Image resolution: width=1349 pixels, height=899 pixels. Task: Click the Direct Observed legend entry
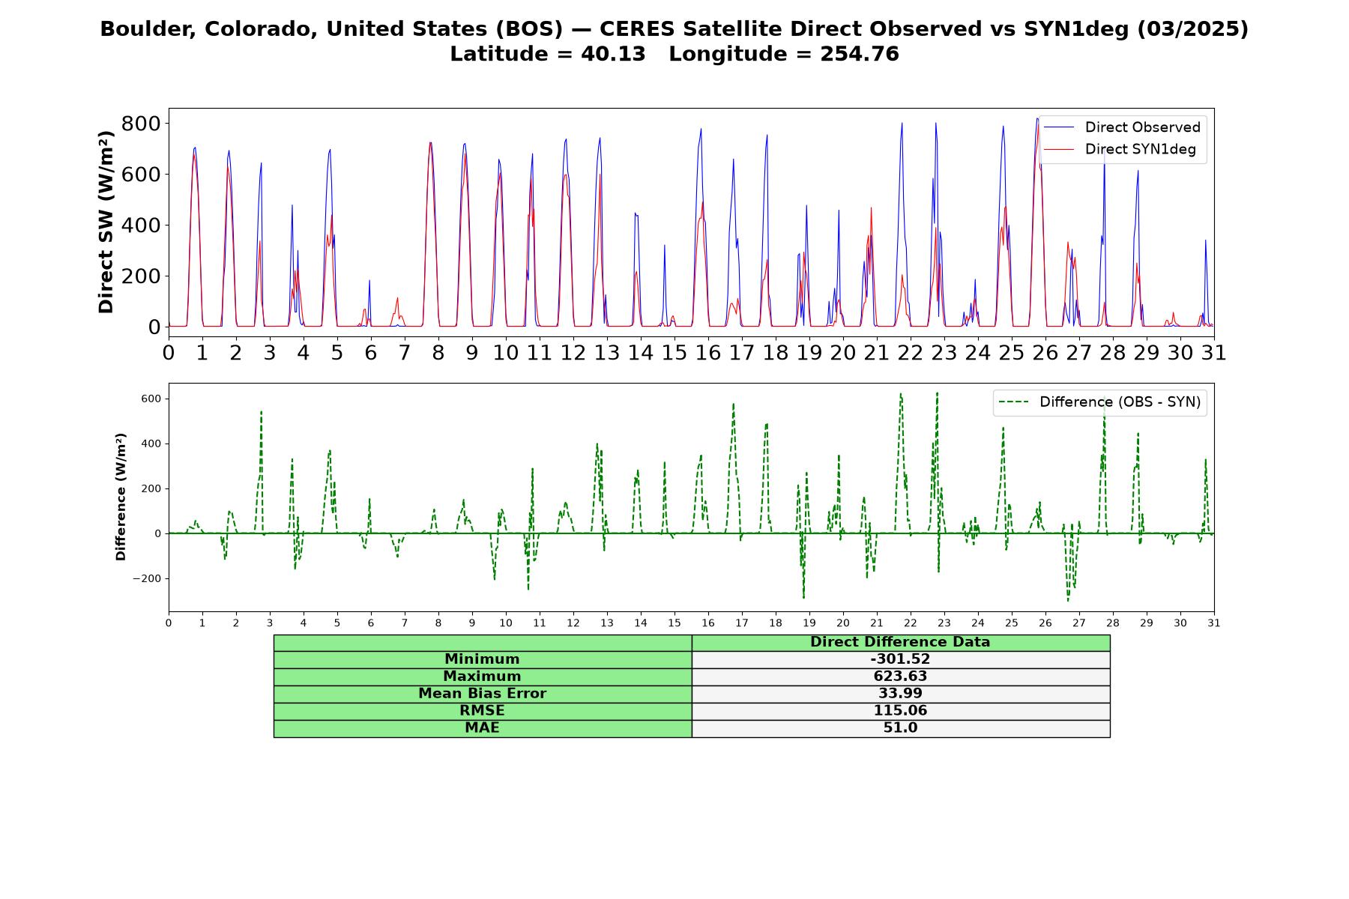pyautogui.click(x=1122, y=127)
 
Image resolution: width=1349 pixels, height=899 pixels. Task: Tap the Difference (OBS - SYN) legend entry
pyautogui.click(x=1099, y=402)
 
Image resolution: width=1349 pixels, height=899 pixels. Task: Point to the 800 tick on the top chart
pyautogui.click(x=142, y=124)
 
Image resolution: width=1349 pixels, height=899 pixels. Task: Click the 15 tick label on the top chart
pyautogui.click(x=674, y=352)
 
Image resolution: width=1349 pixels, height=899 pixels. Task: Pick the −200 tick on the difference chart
pyautogui.click(x=148, y=579)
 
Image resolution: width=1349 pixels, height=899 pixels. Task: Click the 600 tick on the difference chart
pyautogui.click(x=151, y=399)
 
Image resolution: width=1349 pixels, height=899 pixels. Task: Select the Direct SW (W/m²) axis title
pyautogui.click(x=106, y=222)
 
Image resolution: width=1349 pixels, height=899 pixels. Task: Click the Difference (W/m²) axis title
pyautogui.click(x=121, y=497)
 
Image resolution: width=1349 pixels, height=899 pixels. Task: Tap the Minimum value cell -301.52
pyautogui.click(x=900, y=659)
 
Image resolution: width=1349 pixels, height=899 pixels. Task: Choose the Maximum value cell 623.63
pyautogui.click(x=900, y=676)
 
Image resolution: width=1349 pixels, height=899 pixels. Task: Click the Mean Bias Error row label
pyautogui.click(x=482, y=694)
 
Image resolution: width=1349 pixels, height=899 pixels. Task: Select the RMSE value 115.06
pyautogui.click(x=900, y=711)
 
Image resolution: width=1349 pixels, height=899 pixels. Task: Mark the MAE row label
pyautogui.click(x=482, y=728)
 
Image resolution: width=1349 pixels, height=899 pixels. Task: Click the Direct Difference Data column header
pyautogui.click(x=900, y=642)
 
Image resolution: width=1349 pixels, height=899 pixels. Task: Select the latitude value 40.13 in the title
pyautogui.click(x=613, y=54)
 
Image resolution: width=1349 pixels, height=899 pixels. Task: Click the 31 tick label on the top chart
pyautogui.click(x=1214, y=352)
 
